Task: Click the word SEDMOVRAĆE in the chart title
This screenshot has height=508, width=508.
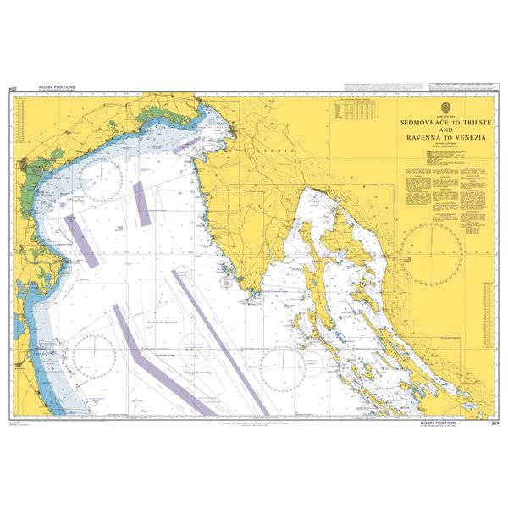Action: (x=412, y=123)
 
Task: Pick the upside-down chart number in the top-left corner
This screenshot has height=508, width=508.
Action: (x=13, y=88)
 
